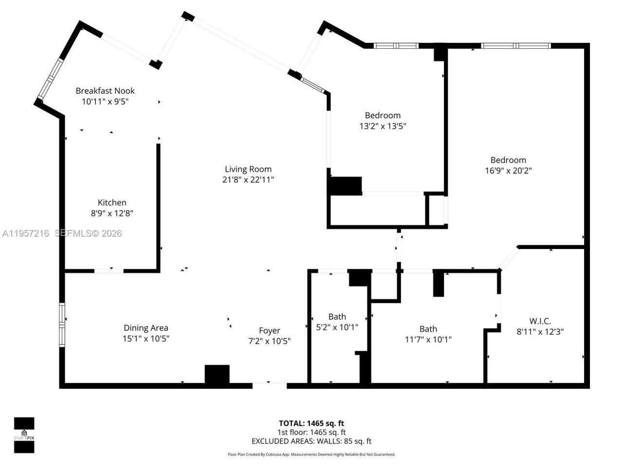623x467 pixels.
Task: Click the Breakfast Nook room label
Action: point(105,90)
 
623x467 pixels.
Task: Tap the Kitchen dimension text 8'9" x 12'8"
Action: point(112,213)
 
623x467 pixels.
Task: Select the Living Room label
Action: point(248,169)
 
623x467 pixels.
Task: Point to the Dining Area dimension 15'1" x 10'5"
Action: point(146,339)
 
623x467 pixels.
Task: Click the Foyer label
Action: point(269,331)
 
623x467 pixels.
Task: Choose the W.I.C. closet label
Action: point(540,321)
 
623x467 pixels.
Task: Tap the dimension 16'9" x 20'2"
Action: point(508,171)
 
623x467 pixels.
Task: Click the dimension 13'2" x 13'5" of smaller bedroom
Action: point(383,126)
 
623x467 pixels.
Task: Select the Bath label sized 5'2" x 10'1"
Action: point(337,317)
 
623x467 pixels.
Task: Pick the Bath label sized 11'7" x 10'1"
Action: point(428,329)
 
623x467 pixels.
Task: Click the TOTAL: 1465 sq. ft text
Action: point(311,423)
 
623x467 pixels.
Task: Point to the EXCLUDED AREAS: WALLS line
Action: point(311,441)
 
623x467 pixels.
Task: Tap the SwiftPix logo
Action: point(24,435)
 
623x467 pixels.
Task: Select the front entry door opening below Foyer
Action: point(269,385)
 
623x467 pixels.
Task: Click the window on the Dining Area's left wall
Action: point(62,324)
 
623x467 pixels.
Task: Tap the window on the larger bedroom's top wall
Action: point(515,46)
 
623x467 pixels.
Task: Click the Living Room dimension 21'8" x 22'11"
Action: point(248,180)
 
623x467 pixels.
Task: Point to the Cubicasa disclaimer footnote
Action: point(311,454)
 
